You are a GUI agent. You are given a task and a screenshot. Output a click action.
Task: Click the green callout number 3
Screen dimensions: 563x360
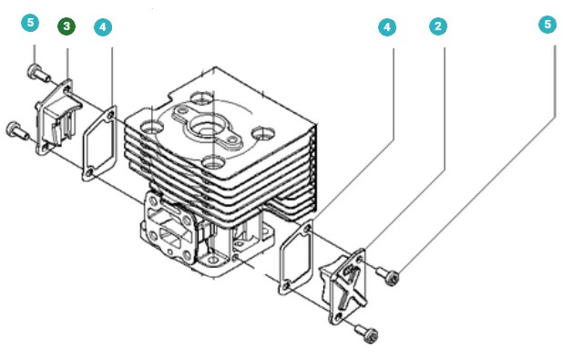point(67,26)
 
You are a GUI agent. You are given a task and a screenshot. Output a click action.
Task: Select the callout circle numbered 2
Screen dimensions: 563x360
point(438,26)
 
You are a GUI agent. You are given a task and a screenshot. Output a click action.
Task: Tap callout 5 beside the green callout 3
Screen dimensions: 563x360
point(31,23)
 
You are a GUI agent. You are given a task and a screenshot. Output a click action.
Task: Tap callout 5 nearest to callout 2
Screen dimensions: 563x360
point(548,25)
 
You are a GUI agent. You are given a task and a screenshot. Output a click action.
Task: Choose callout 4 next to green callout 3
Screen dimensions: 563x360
point(103,27)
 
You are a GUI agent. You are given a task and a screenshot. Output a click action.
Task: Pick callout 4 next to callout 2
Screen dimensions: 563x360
point(387,27)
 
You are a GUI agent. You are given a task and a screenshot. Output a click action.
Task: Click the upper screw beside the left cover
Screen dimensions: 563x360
point(37,72)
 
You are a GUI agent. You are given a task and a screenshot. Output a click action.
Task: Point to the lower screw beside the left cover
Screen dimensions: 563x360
point(17,130)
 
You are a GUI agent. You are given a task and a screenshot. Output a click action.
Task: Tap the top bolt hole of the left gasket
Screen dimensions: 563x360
point(110,115)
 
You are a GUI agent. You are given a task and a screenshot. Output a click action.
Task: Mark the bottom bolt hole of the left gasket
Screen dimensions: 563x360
point(89,173)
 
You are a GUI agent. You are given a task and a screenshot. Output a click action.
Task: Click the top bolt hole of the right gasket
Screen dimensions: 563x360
point(308,228)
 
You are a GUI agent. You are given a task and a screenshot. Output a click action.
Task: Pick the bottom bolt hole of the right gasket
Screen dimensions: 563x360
point(286,286)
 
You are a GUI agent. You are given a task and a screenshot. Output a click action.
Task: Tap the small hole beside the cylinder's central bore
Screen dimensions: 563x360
point(234,139)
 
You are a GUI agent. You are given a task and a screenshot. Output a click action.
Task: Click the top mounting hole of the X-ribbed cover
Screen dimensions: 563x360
point(359,259)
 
